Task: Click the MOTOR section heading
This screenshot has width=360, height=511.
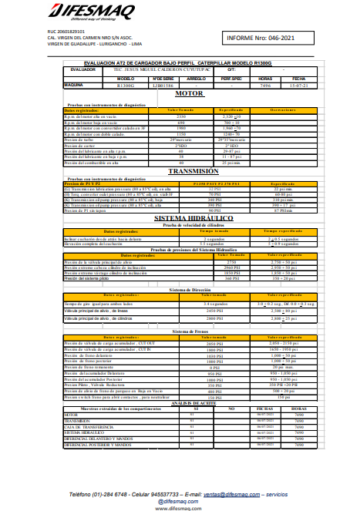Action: [x=189, y=93]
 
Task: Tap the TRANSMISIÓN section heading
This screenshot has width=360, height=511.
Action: [x=189, y=172]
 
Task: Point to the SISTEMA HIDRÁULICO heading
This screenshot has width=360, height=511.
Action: [x=189, y=218]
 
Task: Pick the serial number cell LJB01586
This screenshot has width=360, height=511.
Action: [x=162, y=85]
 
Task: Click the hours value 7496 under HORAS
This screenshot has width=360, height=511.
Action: [x=265, y=85]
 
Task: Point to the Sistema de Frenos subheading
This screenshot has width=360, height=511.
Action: [x=189, y=331]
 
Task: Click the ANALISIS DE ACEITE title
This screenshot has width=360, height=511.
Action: [x=189, y=403]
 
